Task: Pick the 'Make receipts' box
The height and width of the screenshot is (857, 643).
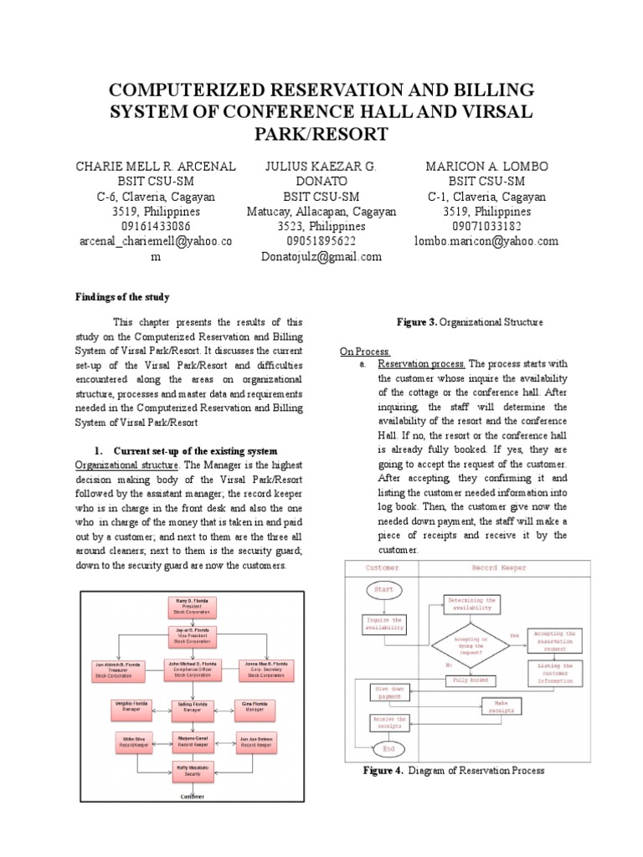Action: (503, 707)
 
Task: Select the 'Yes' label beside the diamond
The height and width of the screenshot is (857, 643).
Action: (514, 635)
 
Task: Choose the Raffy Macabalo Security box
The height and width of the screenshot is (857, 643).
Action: (193, 770)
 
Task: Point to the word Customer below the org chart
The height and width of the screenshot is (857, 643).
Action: (193, 797)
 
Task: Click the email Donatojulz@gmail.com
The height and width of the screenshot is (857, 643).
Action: (321, 257)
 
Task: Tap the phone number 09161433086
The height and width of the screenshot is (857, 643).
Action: (155, 226)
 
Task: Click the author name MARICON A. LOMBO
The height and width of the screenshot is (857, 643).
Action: (486, 167)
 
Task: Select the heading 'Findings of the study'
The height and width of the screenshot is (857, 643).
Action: (122, 297)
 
